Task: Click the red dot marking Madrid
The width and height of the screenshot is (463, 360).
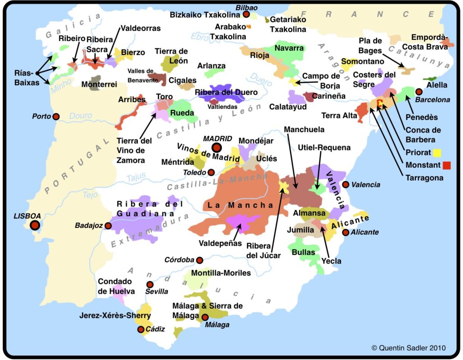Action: click(x=217, y=147)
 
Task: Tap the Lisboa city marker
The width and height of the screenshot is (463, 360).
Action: click(x=34, y=225)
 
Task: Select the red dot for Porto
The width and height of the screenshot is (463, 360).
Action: click(x=56, y=117)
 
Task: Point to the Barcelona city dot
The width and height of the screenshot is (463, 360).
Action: click(x=419, y=92)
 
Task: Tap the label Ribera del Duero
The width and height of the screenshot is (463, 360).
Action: click(x=227, y=92)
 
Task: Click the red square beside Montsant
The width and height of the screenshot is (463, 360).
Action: click(x=447, y=166)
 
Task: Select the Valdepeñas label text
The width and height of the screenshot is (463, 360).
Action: click(x=221, y=243)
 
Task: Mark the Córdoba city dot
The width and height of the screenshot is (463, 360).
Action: click(x=199, y=260)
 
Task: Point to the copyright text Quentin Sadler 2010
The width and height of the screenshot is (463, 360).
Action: click(x=408, y=348)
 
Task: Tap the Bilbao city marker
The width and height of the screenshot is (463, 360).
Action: click(x=246, y=15)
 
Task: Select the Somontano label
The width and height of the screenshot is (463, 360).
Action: click(x=363, y=61)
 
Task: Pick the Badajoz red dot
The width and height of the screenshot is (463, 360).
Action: click(x=108, y=226)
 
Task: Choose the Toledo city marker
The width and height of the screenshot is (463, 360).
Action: click(x=211, y=172)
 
